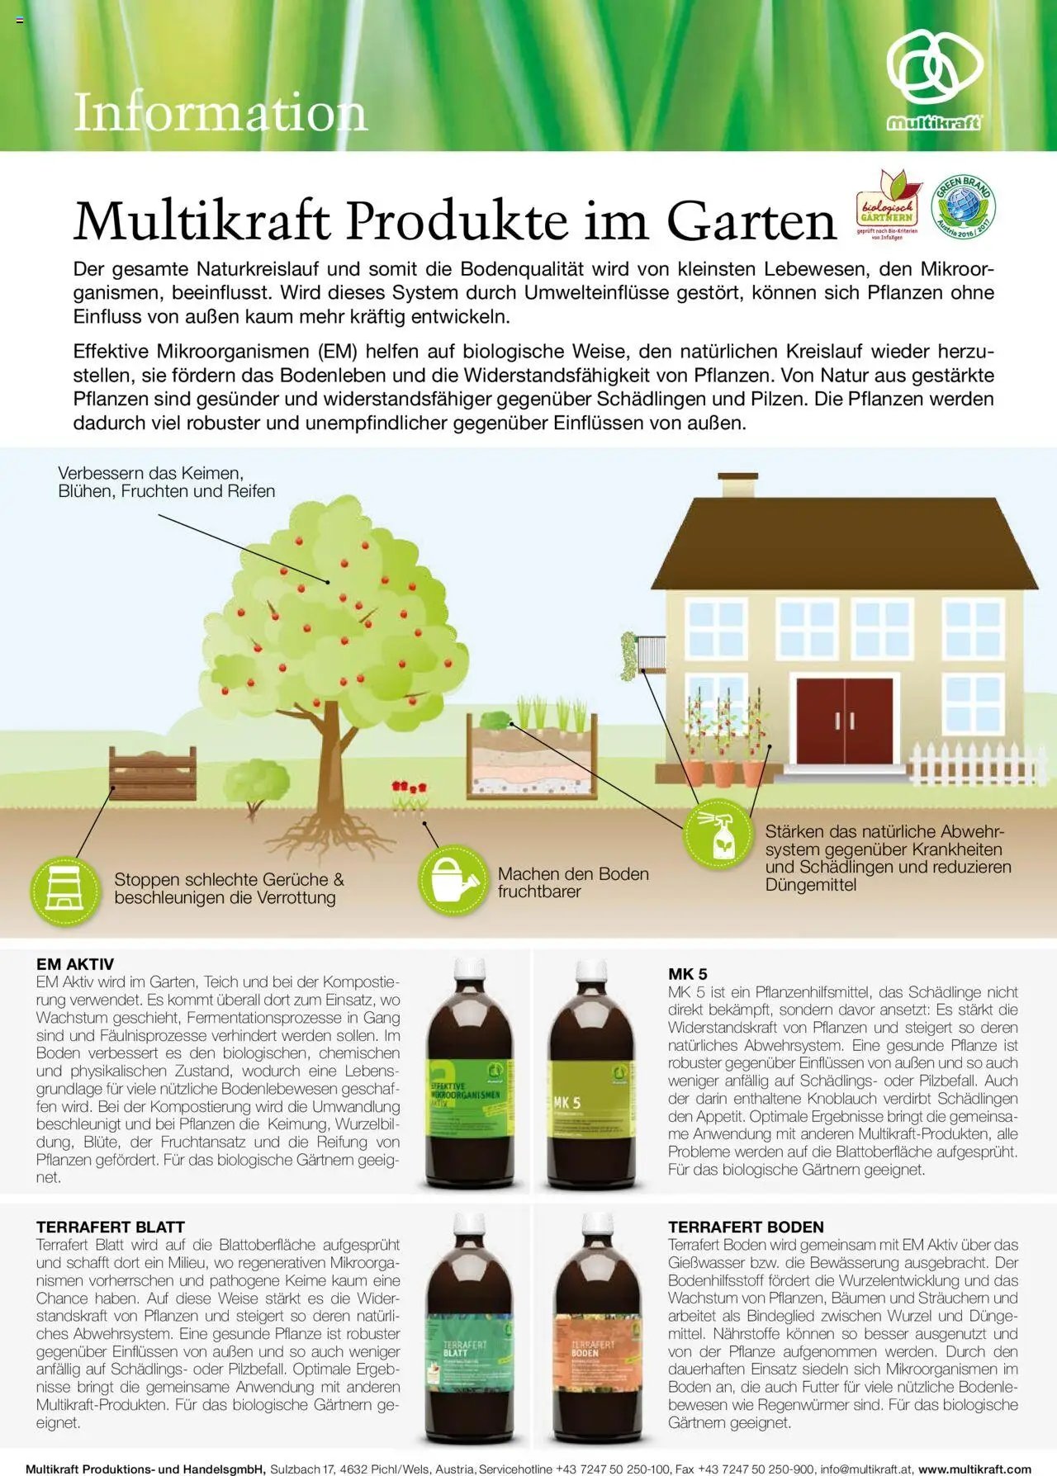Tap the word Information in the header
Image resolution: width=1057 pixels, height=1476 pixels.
coord(220,112)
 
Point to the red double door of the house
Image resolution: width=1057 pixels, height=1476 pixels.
coord(844,721)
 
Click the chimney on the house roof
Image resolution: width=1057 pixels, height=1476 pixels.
coord(737,485)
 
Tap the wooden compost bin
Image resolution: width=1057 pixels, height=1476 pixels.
coord(153,773)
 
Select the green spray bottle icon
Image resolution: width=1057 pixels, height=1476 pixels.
coord(717,835)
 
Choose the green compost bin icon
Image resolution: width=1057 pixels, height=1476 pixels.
coord(65,890)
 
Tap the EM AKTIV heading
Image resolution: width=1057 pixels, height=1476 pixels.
coord(75,964)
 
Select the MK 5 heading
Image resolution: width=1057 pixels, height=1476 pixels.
coord(687,974)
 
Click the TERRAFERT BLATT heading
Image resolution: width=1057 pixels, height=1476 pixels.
coord(111,1227)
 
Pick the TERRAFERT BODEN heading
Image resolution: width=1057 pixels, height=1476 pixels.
coord(746,1227)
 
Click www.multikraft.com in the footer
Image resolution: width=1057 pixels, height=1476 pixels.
coord(974,1469)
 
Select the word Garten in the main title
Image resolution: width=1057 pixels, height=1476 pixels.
coord(751,221)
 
